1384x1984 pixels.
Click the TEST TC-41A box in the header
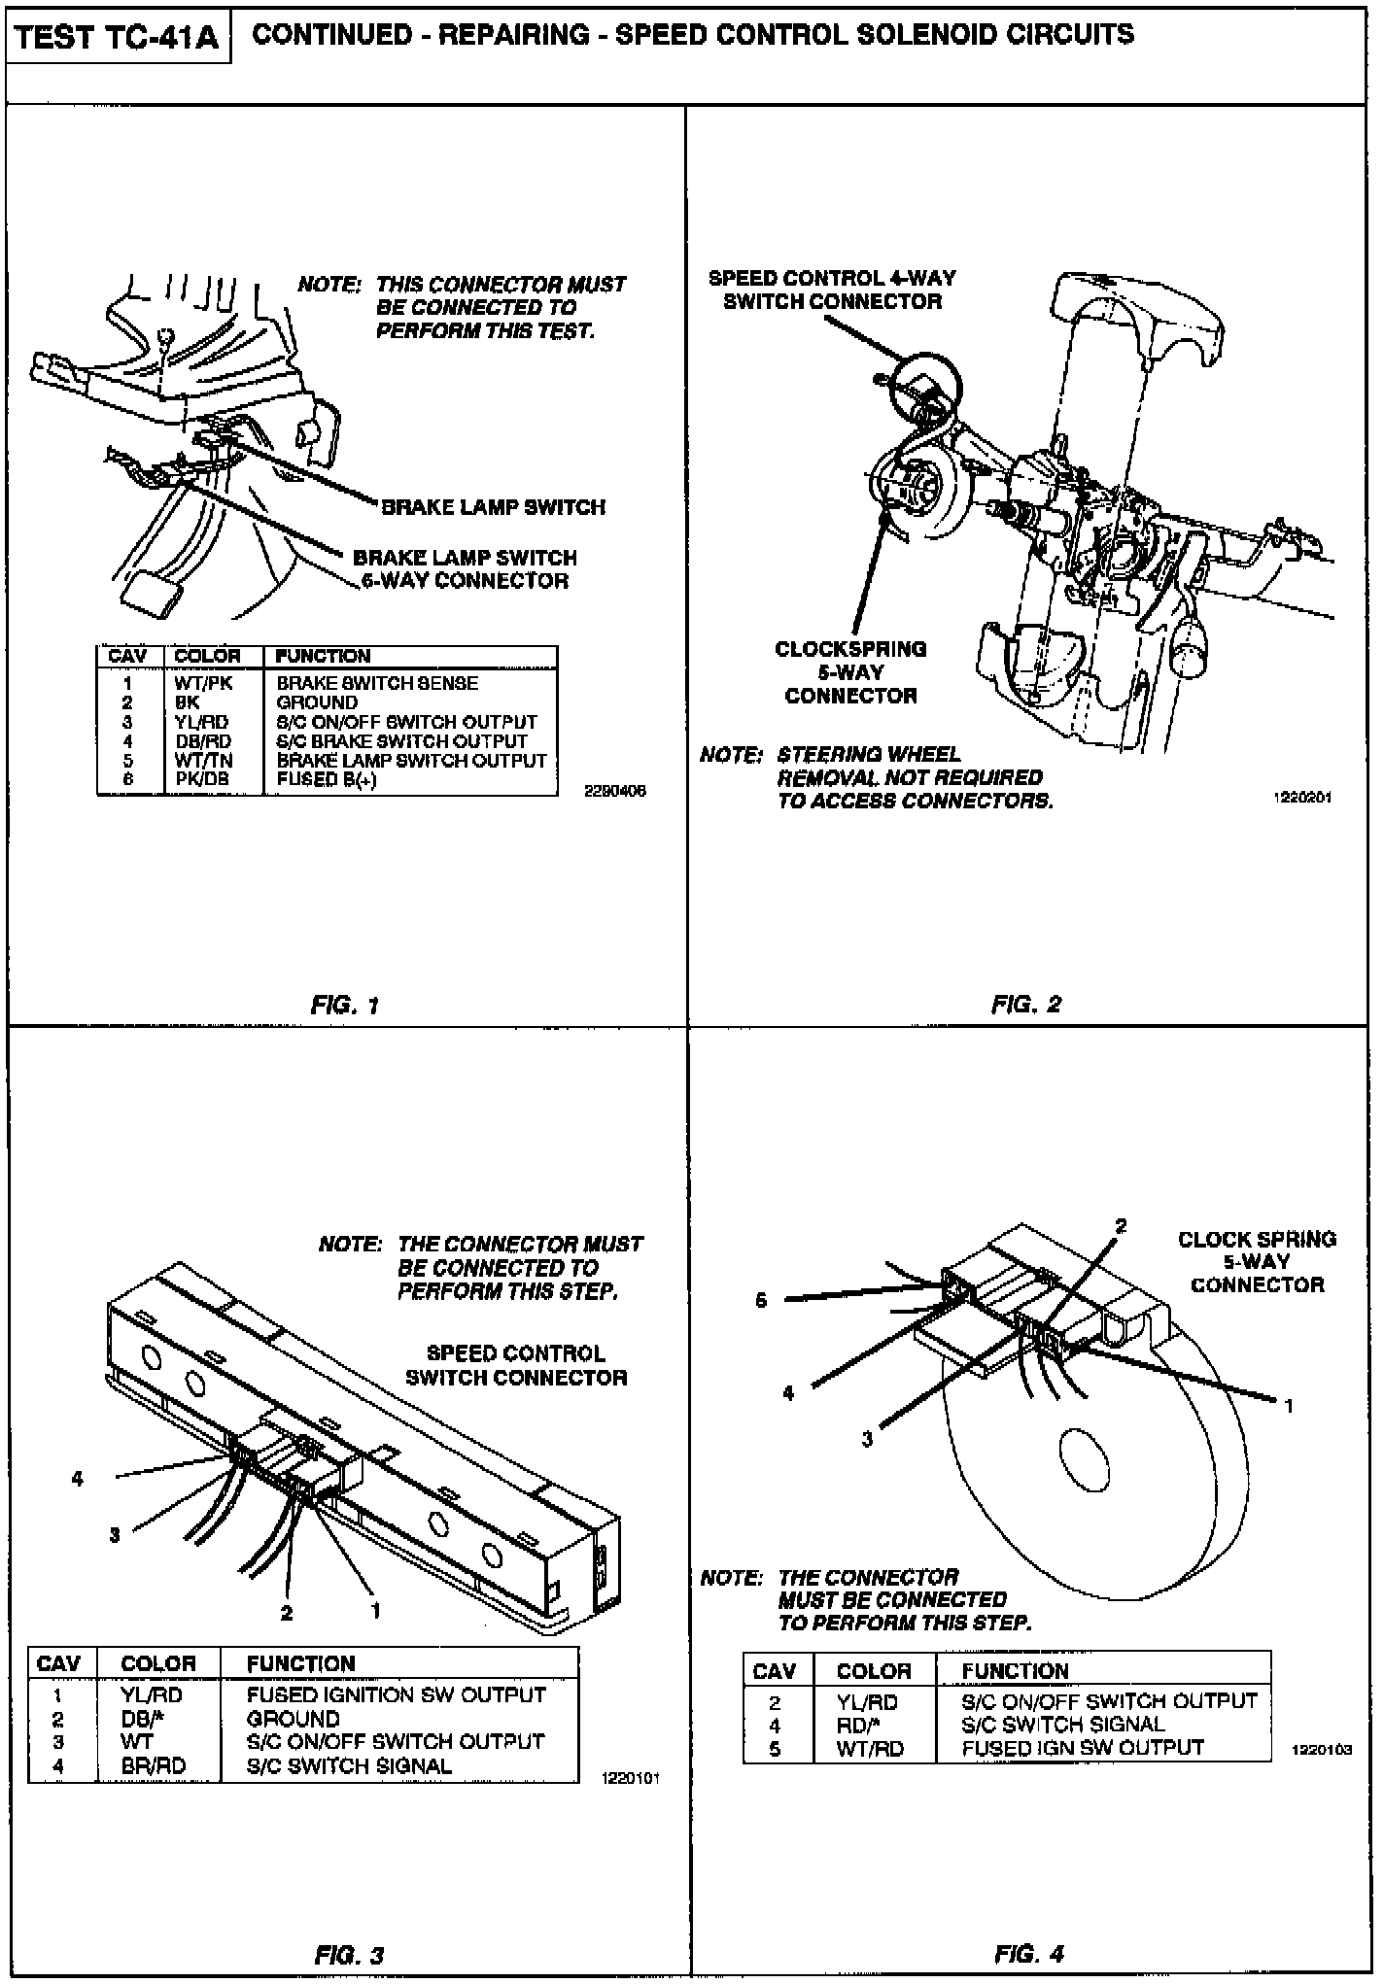(x=118, y=38)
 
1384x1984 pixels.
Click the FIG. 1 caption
(x=344, y=1006)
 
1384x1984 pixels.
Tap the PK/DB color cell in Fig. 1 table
(x=202, y=780)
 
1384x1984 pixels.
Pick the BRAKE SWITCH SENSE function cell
(x=377, y=684)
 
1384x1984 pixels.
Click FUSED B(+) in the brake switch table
(x=327, y=780)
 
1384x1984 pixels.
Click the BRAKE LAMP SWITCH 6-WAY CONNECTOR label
(x=465, y=569)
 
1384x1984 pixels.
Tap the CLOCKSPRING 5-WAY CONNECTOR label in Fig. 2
(x=850, y=672)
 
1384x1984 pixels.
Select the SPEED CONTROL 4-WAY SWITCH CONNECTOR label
(x=832, y=290)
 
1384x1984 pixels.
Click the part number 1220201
(x=1301, y=798)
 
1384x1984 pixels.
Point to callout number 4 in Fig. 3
(x=77, y=1479)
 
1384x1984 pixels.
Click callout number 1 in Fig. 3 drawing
(x=375, y=1611)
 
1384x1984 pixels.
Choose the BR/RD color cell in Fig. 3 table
(x=154, y=1765)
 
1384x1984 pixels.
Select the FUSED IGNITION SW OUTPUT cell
(x=396, y=1694)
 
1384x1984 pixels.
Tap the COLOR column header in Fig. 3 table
(x=157, y=1663)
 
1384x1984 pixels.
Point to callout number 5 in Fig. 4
(x=761, y=1300)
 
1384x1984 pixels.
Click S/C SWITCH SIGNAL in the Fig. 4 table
(x=1062, y=1725)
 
